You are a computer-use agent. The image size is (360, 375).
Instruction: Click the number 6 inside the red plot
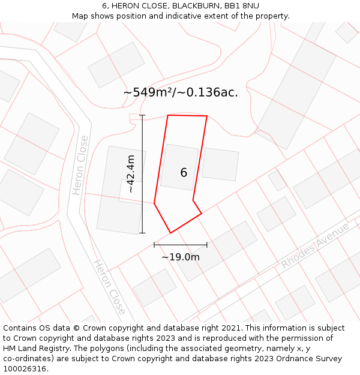point(184,173)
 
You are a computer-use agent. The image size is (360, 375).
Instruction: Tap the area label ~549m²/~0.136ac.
point(181,92)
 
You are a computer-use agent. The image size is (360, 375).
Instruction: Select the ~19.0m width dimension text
point(181,257)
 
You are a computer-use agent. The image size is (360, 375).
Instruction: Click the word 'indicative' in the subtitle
point(193,16)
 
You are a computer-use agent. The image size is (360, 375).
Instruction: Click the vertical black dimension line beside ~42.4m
point(142,173)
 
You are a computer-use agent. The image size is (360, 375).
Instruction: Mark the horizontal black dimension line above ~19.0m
point(181,245)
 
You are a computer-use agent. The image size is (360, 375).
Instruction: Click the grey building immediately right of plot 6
point(220,164)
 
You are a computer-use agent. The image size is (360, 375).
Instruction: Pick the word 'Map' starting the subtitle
point(81,16)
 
